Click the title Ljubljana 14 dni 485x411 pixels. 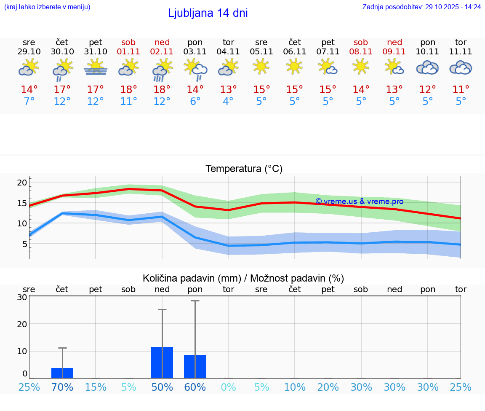pyautogui.click(x=208, y=13)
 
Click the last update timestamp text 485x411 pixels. pyautogui.click(x=421, y=7)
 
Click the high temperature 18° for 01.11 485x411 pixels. pyautogui.click(x=128, y=90)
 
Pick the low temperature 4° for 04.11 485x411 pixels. pyautogui.click(x=228, y=102)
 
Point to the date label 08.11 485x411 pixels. pyautogui.click(x=361, y=52)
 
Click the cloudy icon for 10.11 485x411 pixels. pyautogui.click(x=428, y=68)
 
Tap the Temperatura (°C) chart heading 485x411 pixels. pyautogui.click(x=244, y=169)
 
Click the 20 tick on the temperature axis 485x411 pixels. pyautogui.click(x=22, y=183)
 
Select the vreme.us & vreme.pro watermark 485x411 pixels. pyautogui.click(x=359, y=201)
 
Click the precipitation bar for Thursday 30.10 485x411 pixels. pyautogui.click(x=62, y=373)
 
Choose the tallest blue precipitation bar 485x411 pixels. pyautogui.click(x=162, y=362)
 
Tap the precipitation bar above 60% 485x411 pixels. pyautogui.click(x=195, y=366)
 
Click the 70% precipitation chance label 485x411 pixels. pyautogui.click(x=62, y=387)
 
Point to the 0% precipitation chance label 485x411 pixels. pyautogui.click(x=228, y=387)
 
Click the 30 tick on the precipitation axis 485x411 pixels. pyautogui.click(x=22, y=297)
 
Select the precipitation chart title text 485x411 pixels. pyautogui.click(x=243, y=278)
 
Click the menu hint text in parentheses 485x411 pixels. pyautogui.click(x=47, y=7)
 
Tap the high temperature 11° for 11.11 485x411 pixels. pyautogui.click(x=461, y=90)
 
